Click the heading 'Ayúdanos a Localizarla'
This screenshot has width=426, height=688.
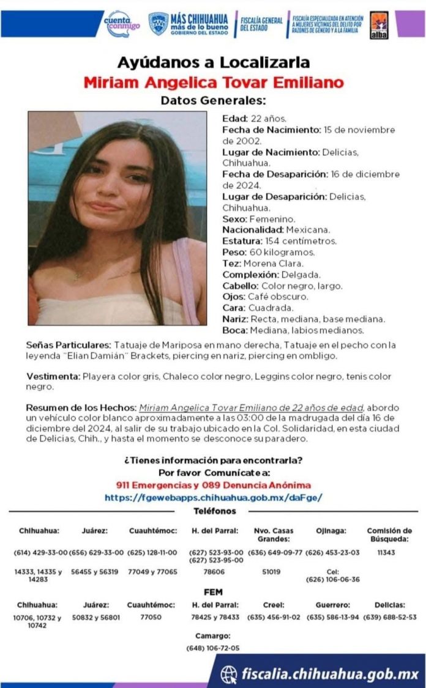click(213, 62)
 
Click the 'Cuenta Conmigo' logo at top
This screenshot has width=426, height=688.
click(122, 24)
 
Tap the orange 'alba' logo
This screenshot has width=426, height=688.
click(379, 25)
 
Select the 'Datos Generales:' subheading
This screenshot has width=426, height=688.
click(213, 100)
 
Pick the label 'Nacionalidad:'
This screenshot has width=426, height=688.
click(253, 230)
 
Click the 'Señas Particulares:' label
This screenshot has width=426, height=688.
click(69, 346)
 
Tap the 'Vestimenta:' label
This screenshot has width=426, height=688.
click(53, 377)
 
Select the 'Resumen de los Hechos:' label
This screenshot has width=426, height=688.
click(81, 408)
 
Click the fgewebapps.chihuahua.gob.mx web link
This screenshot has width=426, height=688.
click(213, 498)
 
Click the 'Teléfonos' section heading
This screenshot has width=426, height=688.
click(214, 511)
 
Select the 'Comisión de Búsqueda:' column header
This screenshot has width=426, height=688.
click(389, 534)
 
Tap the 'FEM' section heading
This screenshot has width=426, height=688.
click(212, 592)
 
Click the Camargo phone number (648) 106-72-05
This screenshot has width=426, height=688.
click(212, 648)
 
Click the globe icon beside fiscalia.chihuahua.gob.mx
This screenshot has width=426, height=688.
click(230, 674)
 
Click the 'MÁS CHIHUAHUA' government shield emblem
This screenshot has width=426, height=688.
click(159, 24)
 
